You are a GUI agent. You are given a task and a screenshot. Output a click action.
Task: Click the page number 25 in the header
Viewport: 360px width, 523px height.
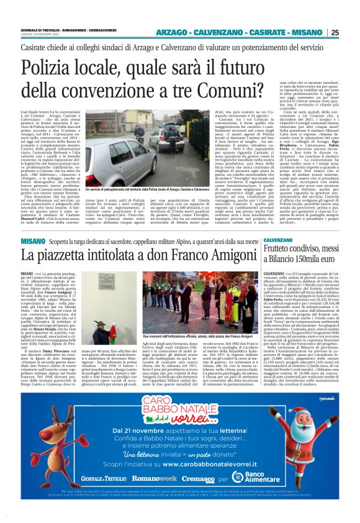pyautogui.click(x=352, y=32)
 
